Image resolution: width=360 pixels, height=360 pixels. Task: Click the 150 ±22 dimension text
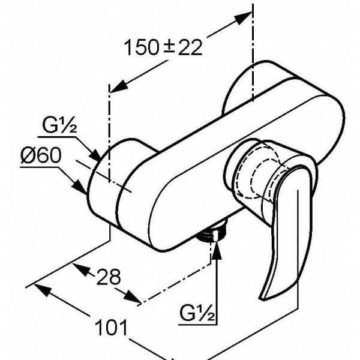click(x=163, y=47)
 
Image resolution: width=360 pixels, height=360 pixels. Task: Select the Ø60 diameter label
click(x=41, y=155)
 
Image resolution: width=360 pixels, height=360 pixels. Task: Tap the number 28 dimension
click(x=109, y=277)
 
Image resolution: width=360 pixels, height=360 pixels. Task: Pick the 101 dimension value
click(x=111, y=327)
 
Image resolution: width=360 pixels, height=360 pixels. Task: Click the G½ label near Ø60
click(x=59, y=125)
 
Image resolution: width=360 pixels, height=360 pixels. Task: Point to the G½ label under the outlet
click(x=197, y=313)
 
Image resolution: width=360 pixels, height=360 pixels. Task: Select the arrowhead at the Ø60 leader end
click(x=80, y=187)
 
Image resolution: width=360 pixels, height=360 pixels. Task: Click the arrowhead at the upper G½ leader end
click(x=95, y=155)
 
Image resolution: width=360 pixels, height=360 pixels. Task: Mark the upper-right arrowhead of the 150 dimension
click(x=243, y=18)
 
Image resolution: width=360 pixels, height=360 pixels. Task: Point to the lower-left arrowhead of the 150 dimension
click(x=119, y=86)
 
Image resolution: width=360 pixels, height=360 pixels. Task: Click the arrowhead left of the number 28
click(x=81, y=270)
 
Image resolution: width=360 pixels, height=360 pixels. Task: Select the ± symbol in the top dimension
click(x=169, y=47)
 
